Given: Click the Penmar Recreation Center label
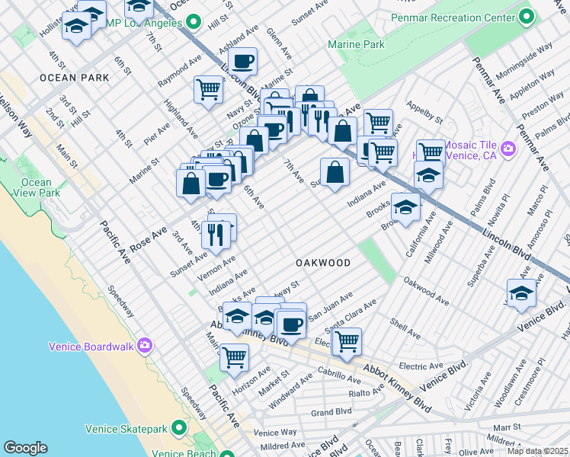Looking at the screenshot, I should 453,17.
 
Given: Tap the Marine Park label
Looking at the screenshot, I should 356,45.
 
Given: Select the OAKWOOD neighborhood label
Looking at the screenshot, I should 323,263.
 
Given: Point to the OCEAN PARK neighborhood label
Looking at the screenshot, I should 72,78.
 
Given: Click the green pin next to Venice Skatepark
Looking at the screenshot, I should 179,428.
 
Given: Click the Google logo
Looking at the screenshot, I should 25,448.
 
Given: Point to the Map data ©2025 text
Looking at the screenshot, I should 536,450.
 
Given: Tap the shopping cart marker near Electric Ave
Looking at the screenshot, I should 347,340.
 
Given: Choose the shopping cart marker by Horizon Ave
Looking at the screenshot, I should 234,356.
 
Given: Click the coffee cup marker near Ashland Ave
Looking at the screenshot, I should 242,61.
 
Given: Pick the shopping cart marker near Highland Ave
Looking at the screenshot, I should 208,89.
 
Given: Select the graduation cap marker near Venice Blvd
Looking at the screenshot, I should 521,292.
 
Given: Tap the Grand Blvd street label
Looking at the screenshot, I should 331,412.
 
